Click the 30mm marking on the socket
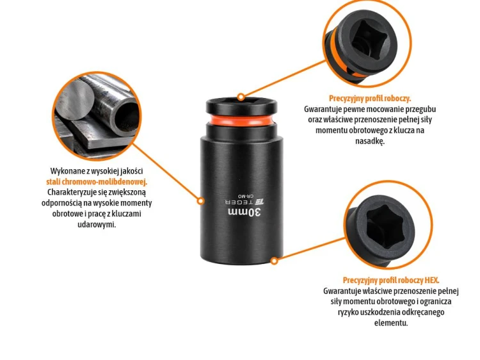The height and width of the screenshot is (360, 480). (244, 212)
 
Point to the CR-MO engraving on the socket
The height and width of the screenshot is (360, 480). (246, 195)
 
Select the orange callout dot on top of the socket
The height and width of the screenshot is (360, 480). (241, 97)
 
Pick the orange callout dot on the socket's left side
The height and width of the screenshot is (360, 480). (200, 201)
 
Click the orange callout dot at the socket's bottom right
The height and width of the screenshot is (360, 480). (275, 261)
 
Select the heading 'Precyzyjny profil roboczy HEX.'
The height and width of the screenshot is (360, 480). (391, 280)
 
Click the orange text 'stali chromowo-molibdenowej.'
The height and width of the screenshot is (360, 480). (97, 182)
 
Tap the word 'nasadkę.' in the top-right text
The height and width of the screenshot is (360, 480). (370, 141)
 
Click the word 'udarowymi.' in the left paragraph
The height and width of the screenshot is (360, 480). (97, 224)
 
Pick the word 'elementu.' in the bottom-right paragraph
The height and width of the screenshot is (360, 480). (391, 323)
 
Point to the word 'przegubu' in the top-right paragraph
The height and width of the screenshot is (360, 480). (421, 109)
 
